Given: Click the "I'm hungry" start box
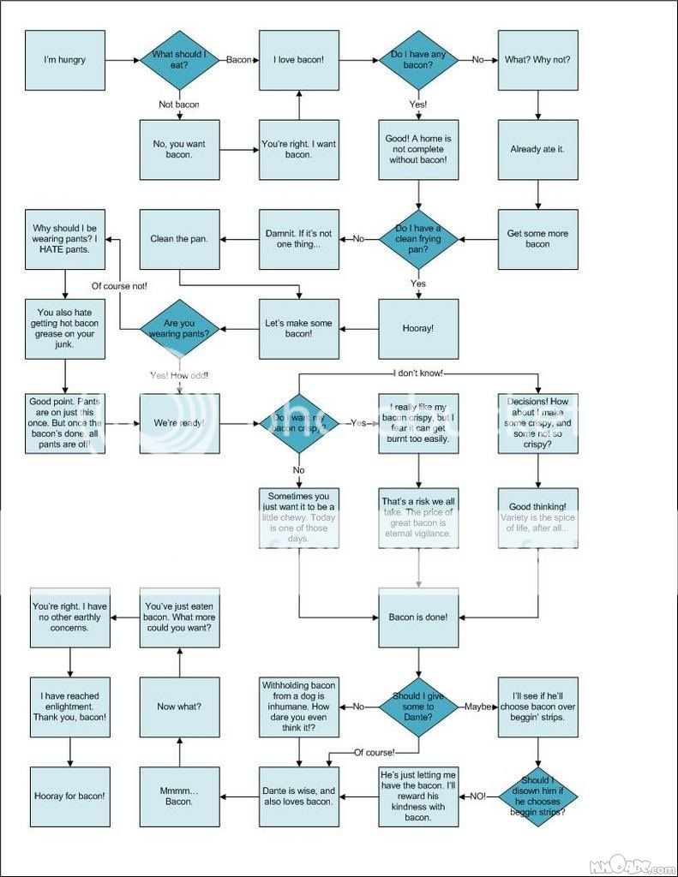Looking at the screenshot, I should (x=64, y=60).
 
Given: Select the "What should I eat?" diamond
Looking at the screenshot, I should (x=180, y=60).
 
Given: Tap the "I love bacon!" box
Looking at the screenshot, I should (x=298, y=60).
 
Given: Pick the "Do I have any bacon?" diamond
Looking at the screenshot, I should (x=418, y=60).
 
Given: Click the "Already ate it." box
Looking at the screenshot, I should (x=537, y=149).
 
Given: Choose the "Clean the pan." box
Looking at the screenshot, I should (x=180, y=238).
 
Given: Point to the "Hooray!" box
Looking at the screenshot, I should (x=418, y=328).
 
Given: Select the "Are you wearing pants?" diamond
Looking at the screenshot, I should (x=180, y=328).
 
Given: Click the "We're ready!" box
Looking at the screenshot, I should (x=180, y=423).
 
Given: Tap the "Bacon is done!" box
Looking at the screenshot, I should (x=418, y=617).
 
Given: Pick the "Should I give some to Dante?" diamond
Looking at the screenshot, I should (x=418, y=707).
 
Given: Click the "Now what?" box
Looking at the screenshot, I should (x=180, y=707).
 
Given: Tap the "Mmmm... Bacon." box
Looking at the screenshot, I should (x=180, y=796).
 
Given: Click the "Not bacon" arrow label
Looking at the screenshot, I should (x=179, y=104).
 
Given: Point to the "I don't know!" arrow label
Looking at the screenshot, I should (x=418, y=373).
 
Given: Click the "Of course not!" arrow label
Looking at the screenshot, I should (x=120, y=286).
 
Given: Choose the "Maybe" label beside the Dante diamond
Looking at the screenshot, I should (x=478, y=707).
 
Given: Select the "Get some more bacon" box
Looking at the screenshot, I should (x=537, y=238).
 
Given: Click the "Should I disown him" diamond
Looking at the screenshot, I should (x=537, y=796).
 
